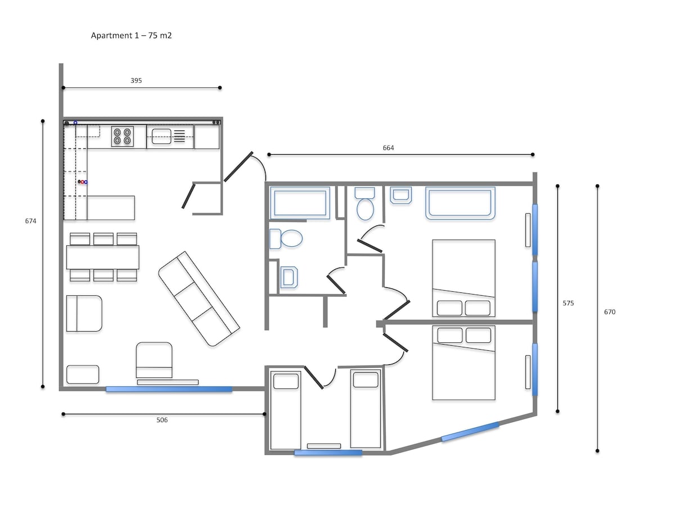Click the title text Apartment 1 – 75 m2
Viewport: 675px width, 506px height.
click(x=131, y=35)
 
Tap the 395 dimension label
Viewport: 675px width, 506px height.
click(x=136, y=80)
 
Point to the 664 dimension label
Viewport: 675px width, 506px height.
click(x=388, y=148)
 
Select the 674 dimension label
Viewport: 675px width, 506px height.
click(x=31, y=221)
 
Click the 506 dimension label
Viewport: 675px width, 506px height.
click(x=162, y=420)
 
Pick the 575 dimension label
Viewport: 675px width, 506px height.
click(x=568, y=303)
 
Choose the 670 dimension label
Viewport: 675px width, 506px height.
click(x=610, y=312)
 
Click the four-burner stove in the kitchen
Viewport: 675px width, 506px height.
click(x=123, y=136)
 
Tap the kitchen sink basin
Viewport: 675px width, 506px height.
click(x=161, y=137)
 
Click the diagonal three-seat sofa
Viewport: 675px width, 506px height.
click(x=199, y=299)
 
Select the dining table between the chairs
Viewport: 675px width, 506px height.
click(x=103, y=257)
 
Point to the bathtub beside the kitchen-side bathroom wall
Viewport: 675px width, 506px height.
click(x=300, y=203)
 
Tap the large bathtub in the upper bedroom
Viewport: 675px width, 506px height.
click(x=460, y=203)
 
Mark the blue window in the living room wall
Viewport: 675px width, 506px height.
click(x=169, y=389)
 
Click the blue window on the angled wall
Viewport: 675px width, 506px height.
click(x=470, y=431)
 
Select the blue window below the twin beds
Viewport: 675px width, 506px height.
click(x=328, y=453)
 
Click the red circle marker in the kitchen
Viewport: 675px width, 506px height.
click(x=82, y=182)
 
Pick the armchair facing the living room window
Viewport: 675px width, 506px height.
click(x=154, y=360)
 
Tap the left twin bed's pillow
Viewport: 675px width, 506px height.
click(x=286, y=381)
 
